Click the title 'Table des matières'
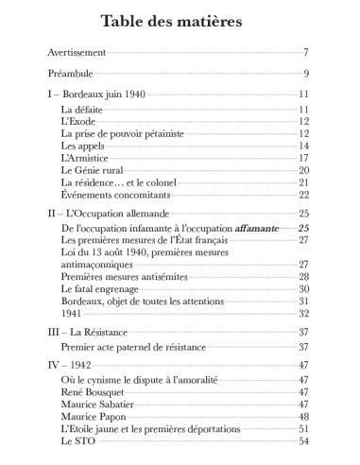(179, 21)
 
